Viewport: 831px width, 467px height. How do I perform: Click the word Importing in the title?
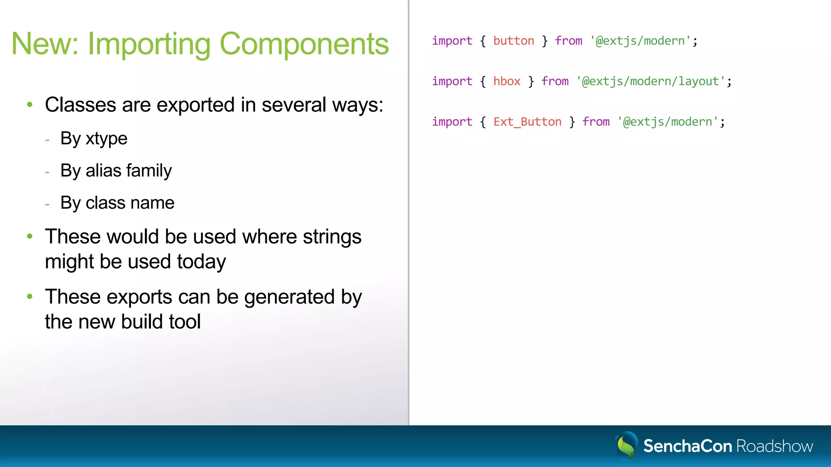tap(149, 44)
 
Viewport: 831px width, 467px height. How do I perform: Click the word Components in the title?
tap(304, 44)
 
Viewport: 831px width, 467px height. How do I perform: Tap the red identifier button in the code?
tap(513, 41)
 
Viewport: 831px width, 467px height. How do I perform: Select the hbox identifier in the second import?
tap(507, 81)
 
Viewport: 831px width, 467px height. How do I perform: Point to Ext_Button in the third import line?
tap(527, 122)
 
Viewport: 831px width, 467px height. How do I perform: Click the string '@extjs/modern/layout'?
tap(650, 81)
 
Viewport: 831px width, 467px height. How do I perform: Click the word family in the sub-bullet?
tap(149, 171)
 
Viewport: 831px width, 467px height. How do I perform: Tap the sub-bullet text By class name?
tap(117, 203)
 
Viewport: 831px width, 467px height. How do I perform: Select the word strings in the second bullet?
tap(332, 237)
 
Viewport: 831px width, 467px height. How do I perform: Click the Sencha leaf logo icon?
tap(626, 446)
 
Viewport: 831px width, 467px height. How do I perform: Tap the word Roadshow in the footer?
tap(774, 446)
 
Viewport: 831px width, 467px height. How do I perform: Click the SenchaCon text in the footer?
tap(687, 446)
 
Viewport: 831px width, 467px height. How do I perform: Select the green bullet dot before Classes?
tap(30, 105)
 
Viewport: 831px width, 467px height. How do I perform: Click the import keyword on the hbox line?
tap(452, 81)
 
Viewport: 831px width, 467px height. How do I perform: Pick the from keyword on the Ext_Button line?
tap(596, 122)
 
